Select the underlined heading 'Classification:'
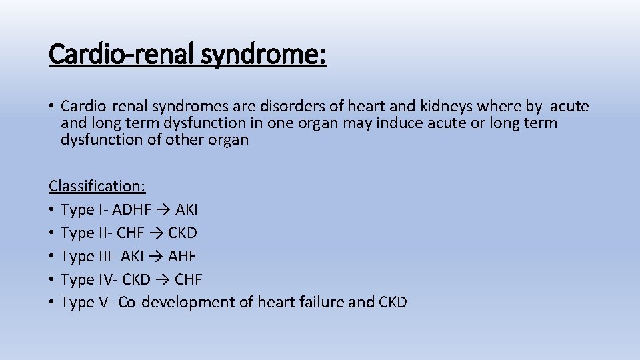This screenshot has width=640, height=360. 97,185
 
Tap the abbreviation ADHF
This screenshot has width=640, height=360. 132,209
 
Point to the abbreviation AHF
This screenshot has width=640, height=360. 181,256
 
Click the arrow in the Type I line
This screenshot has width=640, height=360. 164,209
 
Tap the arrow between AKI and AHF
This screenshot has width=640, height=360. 156,256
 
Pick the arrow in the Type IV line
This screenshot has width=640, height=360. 161,279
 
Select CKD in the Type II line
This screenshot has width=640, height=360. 182,233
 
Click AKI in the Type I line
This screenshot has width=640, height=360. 187,209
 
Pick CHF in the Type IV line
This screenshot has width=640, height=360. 188,279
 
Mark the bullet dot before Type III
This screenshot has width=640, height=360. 52,257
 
